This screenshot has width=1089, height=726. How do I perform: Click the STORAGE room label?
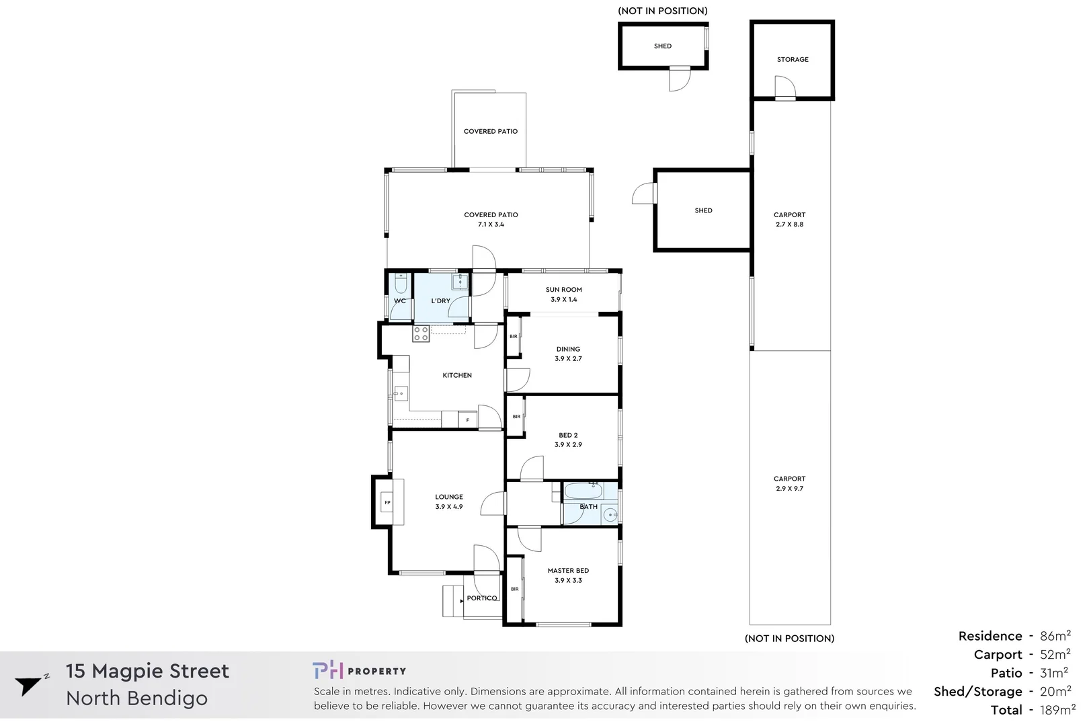[x=793, y=60]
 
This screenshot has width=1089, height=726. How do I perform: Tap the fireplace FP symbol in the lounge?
[x=387, y=503]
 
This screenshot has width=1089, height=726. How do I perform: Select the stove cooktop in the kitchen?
[x=421, y=333]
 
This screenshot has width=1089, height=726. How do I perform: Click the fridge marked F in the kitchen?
[x=468, y=420]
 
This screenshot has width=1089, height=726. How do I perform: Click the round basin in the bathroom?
[x=610, y=515]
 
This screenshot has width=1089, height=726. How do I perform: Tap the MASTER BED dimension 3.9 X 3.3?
[x=568, y=581]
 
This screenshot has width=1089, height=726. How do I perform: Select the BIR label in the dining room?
[x=514, y=336]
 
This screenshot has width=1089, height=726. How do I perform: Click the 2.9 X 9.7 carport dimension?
[x=789, y=489]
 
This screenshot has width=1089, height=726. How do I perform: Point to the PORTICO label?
[x=482, y=598]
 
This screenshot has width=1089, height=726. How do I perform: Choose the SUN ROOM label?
[x=563, y=290]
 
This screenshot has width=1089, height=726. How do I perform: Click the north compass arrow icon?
[x=29, y=684]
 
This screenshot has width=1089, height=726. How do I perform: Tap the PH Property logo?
[x=359, y=670]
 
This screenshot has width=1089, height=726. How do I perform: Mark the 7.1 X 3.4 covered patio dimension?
[x=491, y=225]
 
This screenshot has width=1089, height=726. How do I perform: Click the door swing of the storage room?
[x=785, y=87]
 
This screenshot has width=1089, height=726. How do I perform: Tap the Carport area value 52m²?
[x=1055, y=655]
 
